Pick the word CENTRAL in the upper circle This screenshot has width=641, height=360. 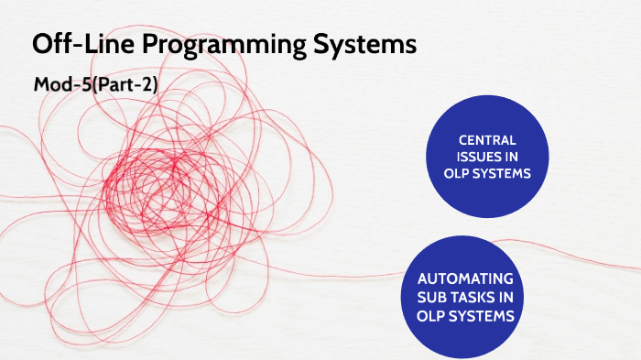pyautogui.click(x=487, y=140)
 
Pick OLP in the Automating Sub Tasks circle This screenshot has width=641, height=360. pyautogui.click(x=434, y=314)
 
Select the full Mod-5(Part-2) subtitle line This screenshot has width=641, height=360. pyautogui.click(x=96, y=85)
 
